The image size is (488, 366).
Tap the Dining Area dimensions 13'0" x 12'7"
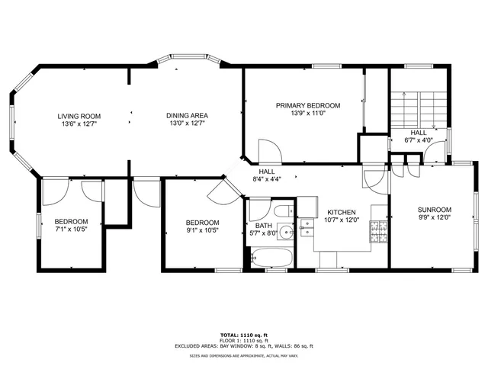[185, 123]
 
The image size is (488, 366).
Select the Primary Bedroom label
[308, 105]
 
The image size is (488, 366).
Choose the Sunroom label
[434, 210]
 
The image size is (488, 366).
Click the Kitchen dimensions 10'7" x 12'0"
[341, 221]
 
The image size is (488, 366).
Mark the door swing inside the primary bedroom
[269, 151]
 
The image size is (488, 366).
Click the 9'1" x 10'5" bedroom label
[202, 222]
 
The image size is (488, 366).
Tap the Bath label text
[264, 226]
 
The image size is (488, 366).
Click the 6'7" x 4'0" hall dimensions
[418, 140]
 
